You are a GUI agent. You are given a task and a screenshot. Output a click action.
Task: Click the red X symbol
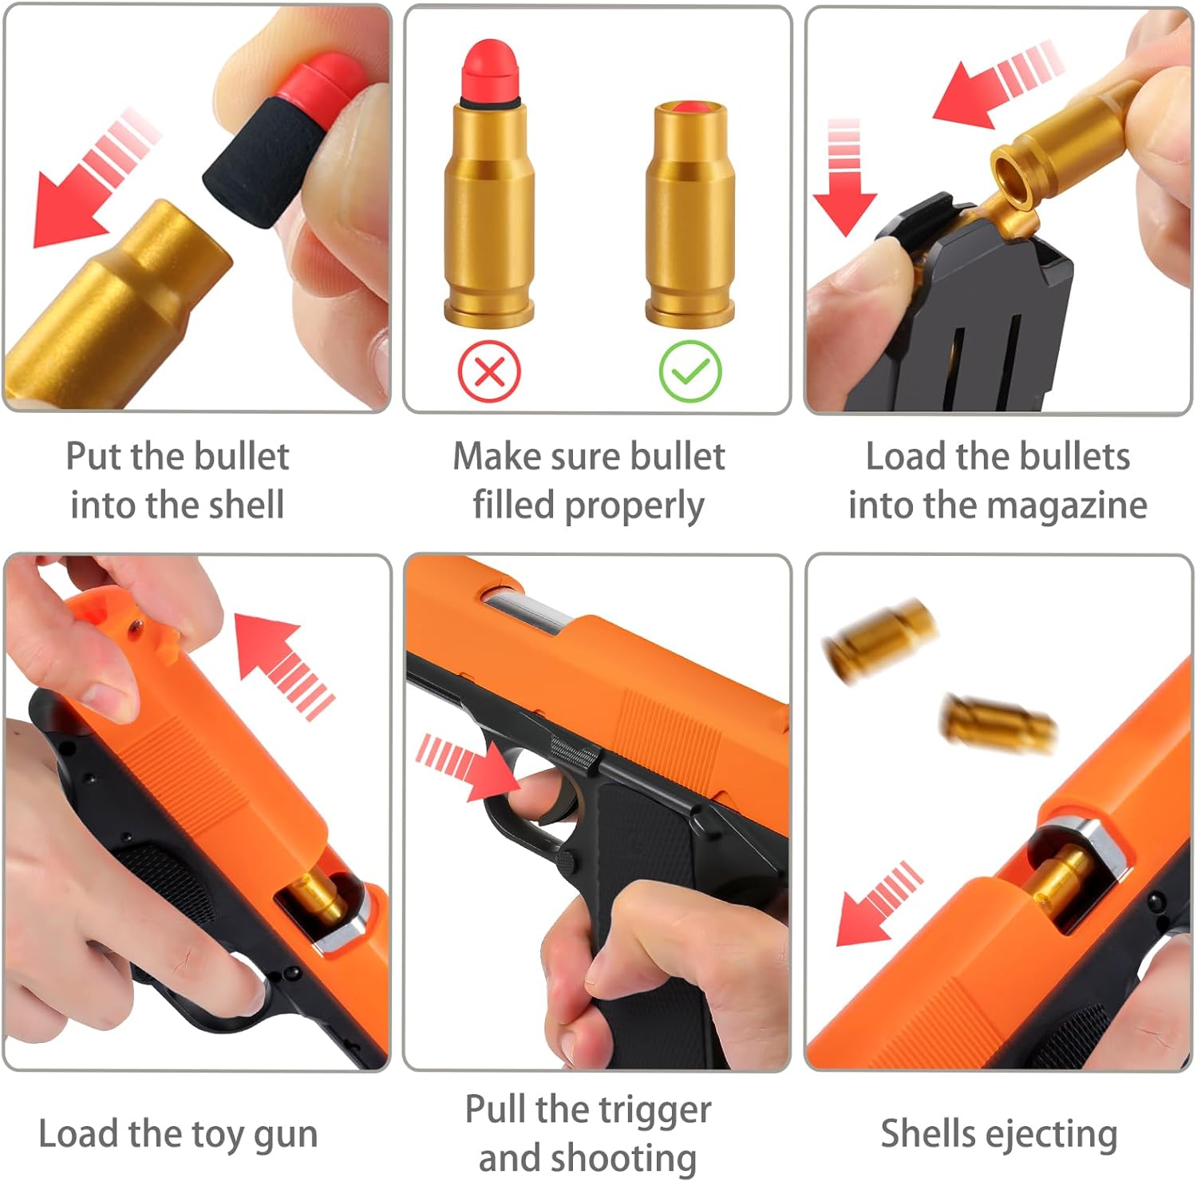click(489, 371)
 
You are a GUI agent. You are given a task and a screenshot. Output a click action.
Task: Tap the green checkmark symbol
click(690, 371)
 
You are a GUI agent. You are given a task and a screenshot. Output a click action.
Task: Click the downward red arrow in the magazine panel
click(845, 177)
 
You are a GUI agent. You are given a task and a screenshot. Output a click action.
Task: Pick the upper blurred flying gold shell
click(879, 641)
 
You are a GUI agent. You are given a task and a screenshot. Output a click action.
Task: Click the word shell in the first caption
click(244, 506)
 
